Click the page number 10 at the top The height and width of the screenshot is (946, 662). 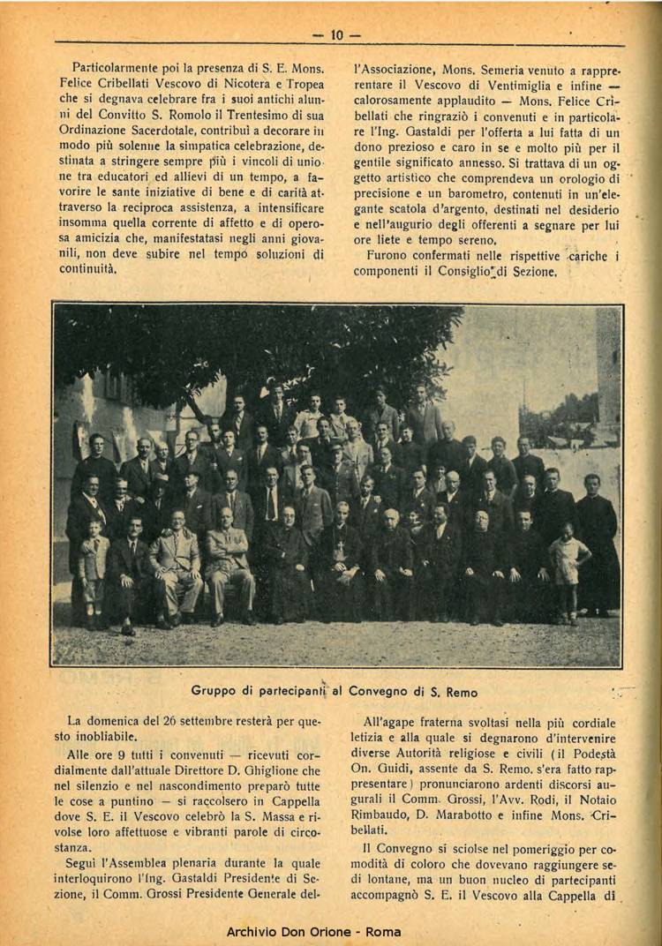point(336,35)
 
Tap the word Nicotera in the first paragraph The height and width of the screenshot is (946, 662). point(244,82)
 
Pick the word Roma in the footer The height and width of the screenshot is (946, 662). point(383,931)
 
